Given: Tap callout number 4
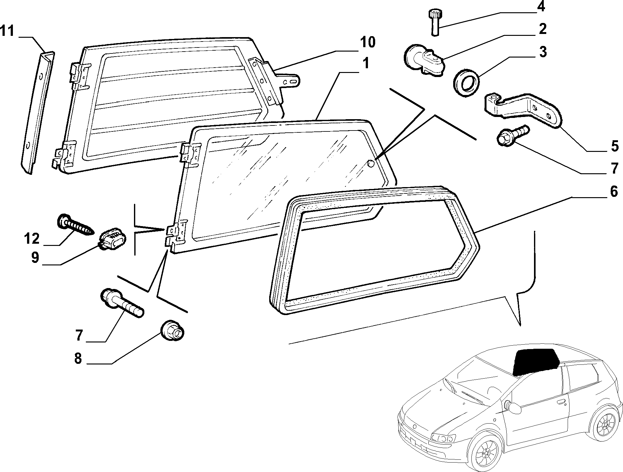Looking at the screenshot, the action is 541,6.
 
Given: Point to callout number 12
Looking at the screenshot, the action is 31,239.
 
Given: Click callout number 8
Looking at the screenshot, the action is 78,358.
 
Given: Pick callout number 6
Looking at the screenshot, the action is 614,191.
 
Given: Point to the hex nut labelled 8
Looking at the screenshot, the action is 172,331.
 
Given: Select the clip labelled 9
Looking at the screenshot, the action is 112,240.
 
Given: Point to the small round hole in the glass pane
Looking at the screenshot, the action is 371,164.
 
